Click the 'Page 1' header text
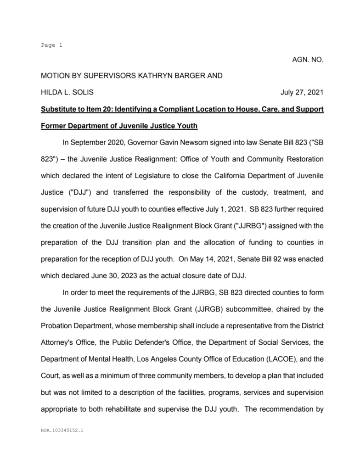coord(51,45)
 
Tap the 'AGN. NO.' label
coord(308,60)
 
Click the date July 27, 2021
coord(302,92)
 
